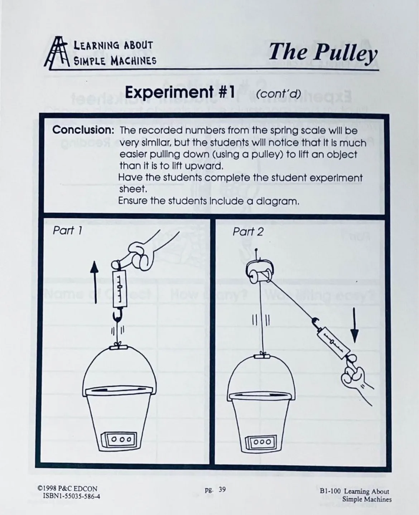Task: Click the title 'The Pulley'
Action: (x=323, y=52)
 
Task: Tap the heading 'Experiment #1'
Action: (x=179, y=93)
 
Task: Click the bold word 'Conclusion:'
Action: (x=83, y=130)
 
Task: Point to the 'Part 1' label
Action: (x=67, y=231)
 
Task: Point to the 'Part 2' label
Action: (x=247, y=232)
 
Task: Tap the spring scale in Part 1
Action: (x=120, y=289)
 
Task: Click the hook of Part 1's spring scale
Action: (x=117, y=316)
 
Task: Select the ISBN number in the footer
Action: (x=71, y=496)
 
